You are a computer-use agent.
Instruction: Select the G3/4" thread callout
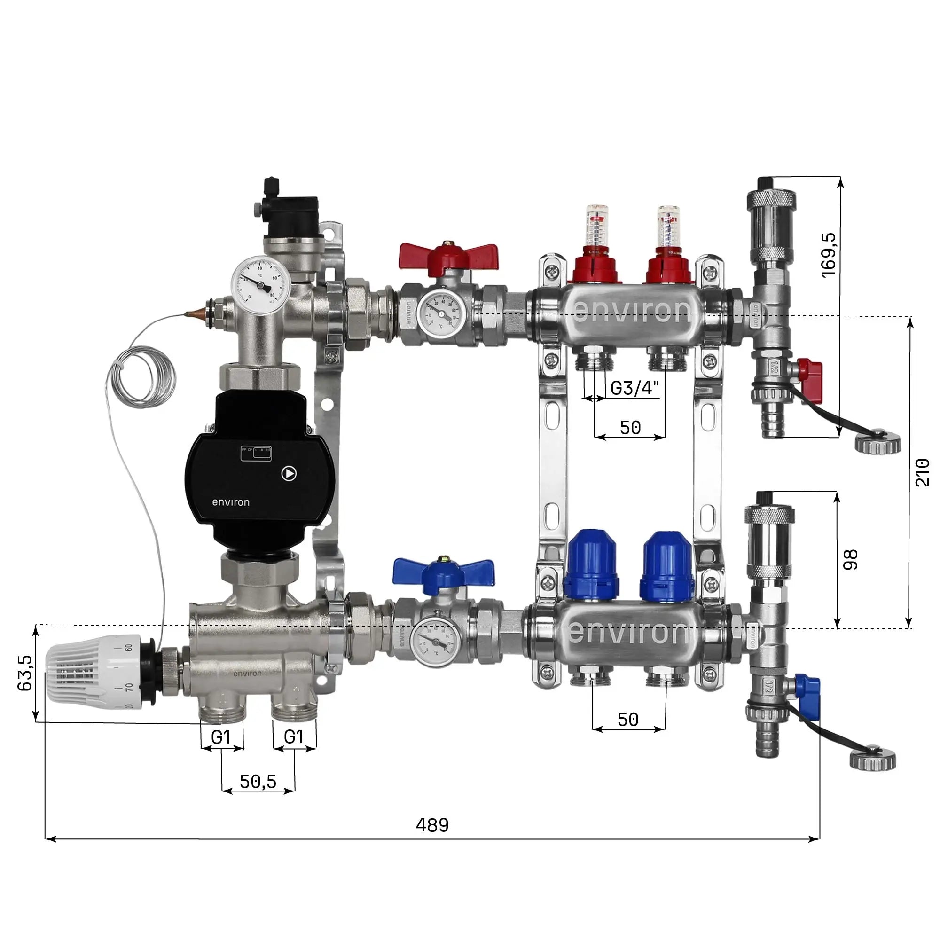click(x=634, y=388)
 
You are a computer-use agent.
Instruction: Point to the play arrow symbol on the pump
click(x=289, y=473)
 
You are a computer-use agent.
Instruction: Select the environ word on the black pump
click(x=231, y=502)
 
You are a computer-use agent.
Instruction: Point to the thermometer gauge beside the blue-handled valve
click(x=434, y=642)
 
